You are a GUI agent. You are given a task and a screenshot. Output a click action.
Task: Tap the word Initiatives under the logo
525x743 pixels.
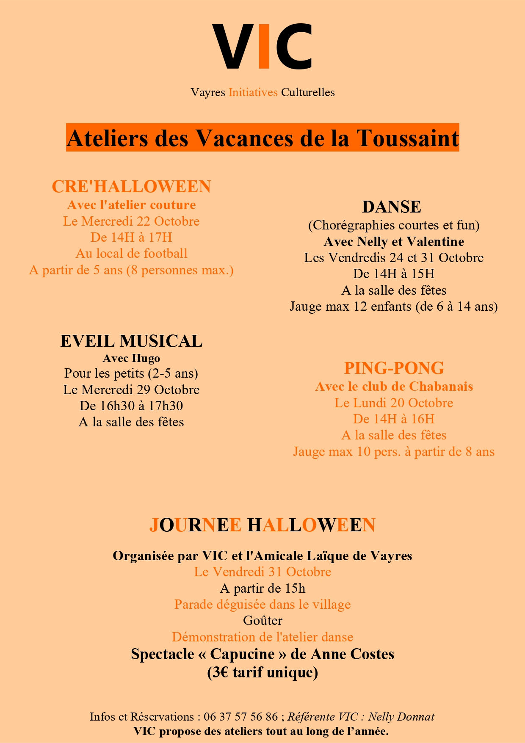253,92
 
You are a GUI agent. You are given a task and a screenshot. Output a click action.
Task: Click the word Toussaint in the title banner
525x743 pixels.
408,138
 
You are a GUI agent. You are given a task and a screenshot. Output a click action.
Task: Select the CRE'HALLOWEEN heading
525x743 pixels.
131,187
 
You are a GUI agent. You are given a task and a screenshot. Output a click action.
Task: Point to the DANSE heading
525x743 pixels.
392,207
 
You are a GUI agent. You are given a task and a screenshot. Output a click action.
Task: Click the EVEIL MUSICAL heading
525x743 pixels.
131,341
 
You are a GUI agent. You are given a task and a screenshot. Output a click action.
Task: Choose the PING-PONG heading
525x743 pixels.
394,368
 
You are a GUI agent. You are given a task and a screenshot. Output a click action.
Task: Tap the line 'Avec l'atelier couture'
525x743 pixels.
131,205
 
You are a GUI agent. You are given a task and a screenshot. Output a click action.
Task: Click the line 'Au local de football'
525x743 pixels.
131,254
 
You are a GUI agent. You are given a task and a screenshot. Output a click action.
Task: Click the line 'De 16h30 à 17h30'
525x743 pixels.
131,406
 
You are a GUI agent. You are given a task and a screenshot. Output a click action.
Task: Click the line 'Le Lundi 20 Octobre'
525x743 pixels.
394,403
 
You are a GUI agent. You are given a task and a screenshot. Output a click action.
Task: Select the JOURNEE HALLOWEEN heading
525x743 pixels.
262,525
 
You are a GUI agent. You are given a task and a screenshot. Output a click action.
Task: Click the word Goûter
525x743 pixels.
262,621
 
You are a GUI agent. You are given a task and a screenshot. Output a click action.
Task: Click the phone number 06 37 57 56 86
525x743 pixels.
240,717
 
